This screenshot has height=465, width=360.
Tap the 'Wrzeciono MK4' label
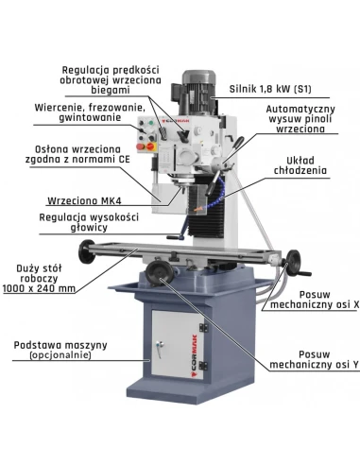pos(84,200)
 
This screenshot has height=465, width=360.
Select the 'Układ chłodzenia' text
pos(300,165)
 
